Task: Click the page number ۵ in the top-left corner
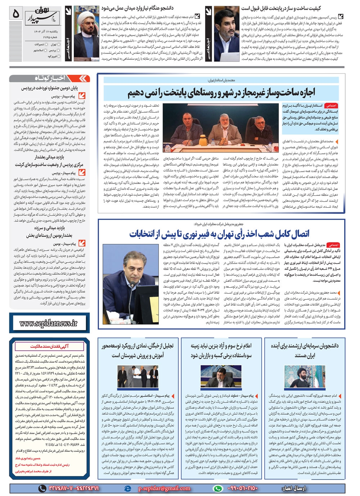[x=15, y=13]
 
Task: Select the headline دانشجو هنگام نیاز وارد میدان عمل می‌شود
[x=142, y=8]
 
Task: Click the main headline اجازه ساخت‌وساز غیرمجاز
[x=221, y=93]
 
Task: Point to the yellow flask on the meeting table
[x=202, y=135]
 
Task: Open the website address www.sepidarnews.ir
[x=48, y=323]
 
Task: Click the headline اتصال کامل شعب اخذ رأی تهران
[x=219, y=234]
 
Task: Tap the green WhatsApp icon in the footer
[x=217, y=488]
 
